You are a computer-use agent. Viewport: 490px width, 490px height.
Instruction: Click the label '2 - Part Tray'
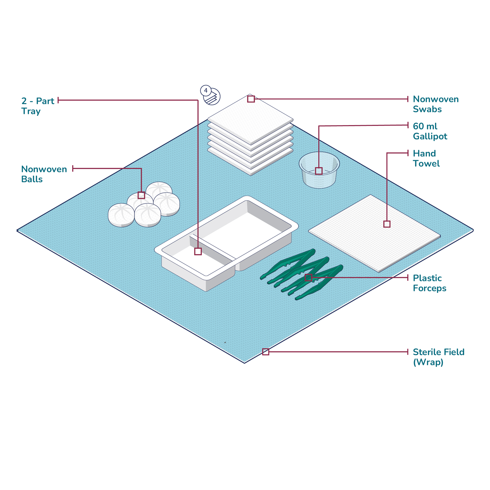click(37, 106)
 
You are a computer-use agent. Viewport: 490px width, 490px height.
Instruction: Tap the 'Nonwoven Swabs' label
click(435, 104)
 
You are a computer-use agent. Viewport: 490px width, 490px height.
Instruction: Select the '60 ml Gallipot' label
click(430, 131)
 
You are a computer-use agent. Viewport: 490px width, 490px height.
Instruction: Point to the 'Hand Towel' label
click(426, 158)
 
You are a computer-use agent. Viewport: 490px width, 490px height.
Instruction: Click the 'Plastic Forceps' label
click(429, 283)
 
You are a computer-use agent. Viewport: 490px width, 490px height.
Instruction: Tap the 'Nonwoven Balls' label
click(44, 174)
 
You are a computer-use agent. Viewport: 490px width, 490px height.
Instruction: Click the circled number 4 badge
click(206, 91)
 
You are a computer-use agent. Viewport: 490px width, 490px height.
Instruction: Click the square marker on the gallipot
click(318, 171)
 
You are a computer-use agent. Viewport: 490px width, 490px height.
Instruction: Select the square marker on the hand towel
click(387, 224)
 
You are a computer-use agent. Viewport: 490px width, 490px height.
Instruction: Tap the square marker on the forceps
click(308, 278)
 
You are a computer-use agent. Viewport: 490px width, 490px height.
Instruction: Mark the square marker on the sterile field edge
click(265, 352)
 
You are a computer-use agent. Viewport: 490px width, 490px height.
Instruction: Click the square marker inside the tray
click(198, 251)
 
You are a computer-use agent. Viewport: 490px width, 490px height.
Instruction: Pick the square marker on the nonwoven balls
click(141, 195)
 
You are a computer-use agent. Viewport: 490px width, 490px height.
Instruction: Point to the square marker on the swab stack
click(251, 99)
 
